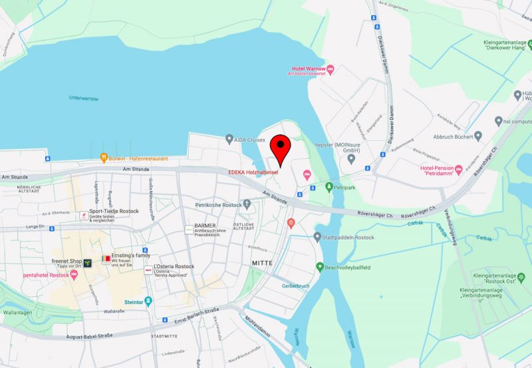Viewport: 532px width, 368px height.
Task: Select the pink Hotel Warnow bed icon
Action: [331, 69]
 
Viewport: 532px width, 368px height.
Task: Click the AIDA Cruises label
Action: [249, 140]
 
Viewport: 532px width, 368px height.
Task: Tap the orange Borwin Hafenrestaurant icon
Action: [104, 158]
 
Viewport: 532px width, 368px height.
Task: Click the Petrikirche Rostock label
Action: [219, 205]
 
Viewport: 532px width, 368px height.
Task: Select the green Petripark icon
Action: [329, 188]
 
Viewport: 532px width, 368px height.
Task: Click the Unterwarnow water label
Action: [84, 98]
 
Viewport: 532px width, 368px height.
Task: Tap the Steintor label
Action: [134, 301]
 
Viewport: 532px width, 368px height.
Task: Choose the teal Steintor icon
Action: [149, 301]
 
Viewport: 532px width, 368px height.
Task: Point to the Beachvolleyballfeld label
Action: [348, 268]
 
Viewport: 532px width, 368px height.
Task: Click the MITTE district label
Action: [262, 264]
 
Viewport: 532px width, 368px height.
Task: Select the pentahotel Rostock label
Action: [46, 275]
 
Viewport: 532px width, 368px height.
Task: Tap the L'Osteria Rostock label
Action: [174, 266]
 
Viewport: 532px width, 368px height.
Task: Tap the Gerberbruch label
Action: [296, 285]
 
